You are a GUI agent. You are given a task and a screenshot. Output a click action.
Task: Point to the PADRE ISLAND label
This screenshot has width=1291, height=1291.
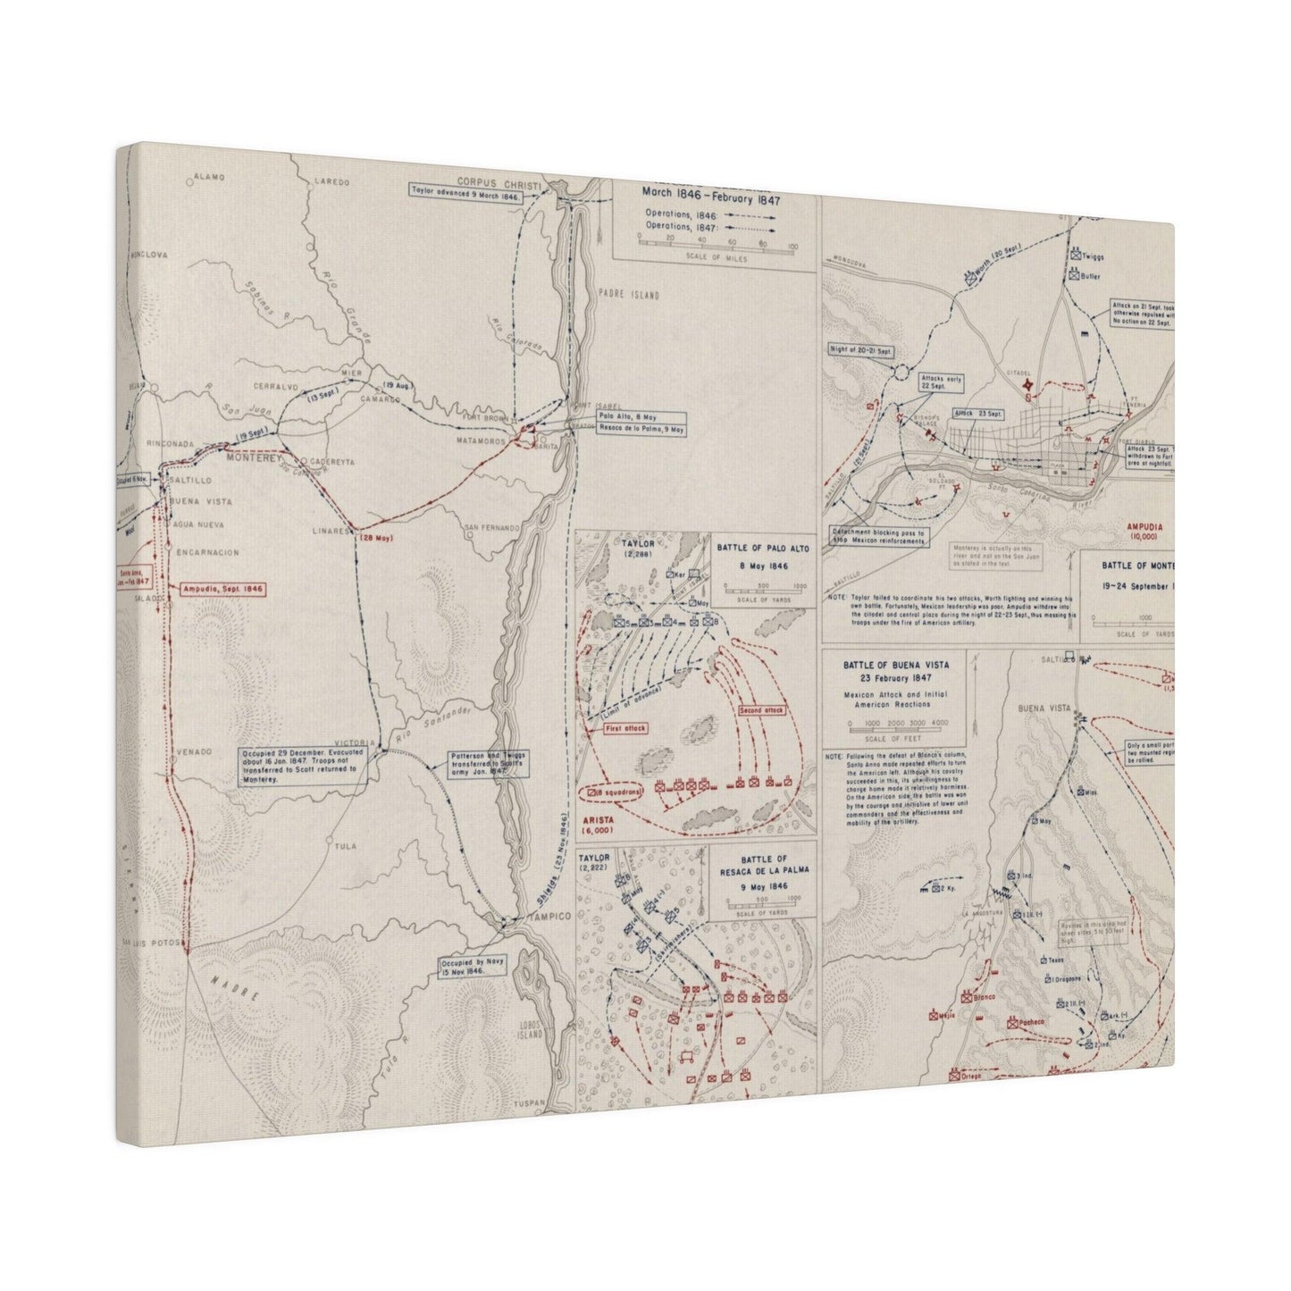625,295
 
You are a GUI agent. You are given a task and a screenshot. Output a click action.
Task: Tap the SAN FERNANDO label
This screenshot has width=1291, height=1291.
491,528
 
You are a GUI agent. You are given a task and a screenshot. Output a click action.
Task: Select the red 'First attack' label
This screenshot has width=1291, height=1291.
625,728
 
